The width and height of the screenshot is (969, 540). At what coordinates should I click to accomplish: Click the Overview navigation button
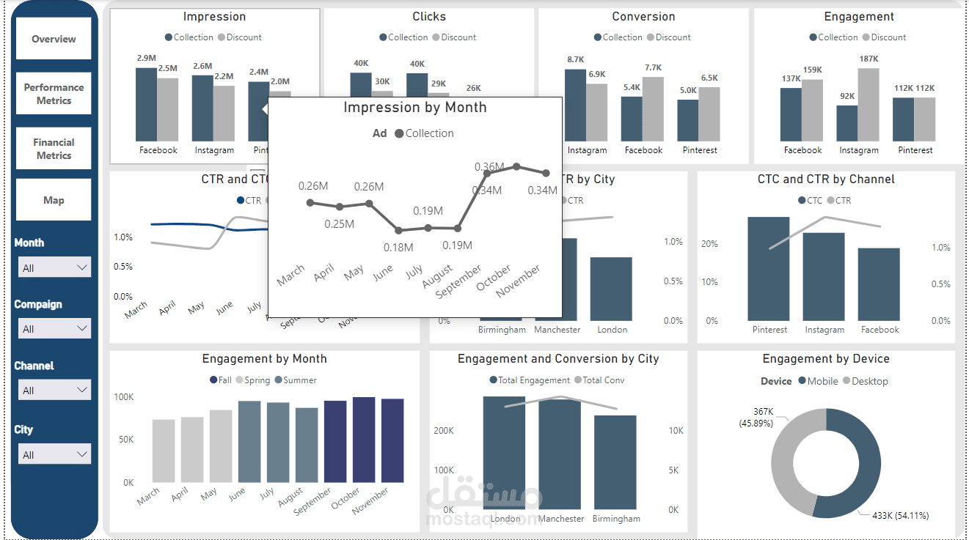[x=54, y=39]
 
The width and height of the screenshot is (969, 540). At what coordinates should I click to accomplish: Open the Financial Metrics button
[x=54, y=149]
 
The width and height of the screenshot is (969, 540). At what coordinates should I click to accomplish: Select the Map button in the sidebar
[x=54, y=200]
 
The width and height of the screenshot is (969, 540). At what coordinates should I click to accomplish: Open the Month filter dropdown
[x=54, y=267]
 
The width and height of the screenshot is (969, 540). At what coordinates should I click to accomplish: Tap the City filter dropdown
[x=54, y=454]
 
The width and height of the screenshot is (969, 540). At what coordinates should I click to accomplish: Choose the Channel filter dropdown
[x=54, y=390]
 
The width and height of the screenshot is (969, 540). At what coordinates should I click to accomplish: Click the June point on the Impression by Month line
[x=398, y=230]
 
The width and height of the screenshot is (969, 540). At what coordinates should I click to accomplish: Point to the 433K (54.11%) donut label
[x=900, y=516]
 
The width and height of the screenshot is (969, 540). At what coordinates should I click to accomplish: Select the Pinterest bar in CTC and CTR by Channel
[x=769, y=268]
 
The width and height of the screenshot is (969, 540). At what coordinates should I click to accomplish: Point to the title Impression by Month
[x=414, y=108]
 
